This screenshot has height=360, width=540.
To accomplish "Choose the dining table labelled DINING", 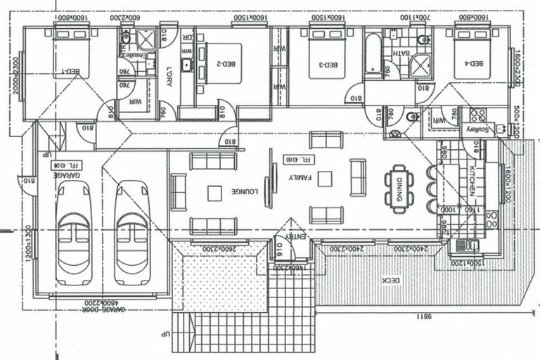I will point(398,188).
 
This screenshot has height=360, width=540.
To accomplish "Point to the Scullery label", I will point(472,129).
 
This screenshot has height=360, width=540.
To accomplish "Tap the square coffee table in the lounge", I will point(214,191).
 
